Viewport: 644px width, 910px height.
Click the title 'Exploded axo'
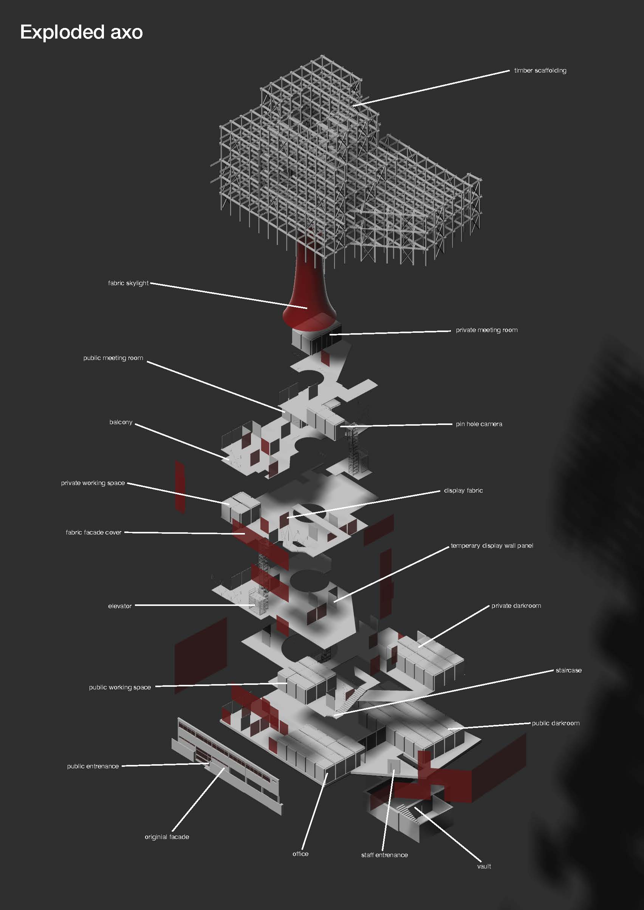(x=81, y=32)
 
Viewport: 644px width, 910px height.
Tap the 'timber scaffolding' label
(x=540, y=71)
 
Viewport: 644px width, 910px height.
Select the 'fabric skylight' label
(x=128, y=283)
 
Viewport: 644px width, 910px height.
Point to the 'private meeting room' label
(x=486, y=330)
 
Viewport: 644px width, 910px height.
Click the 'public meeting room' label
(x=113, y=358)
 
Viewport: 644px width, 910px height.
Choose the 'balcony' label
(x=121, y=422)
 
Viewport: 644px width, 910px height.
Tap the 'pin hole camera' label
(x=479, y=424)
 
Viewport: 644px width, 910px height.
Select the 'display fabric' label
(x=464, y=490)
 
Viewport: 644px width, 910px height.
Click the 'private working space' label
(x=93, y=483)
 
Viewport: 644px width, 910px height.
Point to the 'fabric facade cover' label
(x=94, y=532)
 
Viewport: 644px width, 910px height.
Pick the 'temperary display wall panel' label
(x=492, y=546)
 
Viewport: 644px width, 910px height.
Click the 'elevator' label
(x=120, y=606)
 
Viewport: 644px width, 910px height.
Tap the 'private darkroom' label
(x=516, y=606)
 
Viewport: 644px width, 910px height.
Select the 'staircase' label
(x=569, y=670)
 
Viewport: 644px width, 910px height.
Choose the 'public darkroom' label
(x=556, y=723)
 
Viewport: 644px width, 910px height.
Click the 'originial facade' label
(x=167, y=837)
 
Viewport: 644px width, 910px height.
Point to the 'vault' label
(x=484, y=866)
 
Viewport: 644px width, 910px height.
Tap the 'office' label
(x=300, y=854)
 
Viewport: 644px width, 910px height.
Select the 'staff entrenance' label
(x=384, y=855)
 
